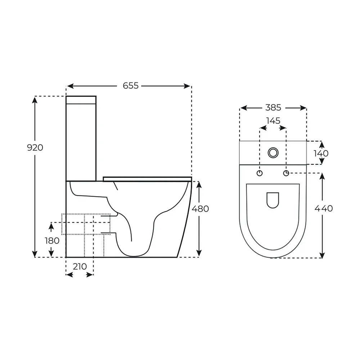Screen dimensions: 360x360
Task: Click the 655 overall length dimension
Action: click(x=131, y=86)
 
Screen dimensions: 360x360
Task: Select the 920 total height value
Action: click(x=35, y=148)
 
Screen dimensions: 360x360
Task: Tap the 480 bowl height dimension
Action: click(x=200, y=209)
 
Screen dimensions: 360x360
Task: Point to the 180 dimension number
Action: click(x=52, y=240)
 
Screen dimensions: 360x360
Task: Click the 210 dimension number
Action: click(x=80, y=266)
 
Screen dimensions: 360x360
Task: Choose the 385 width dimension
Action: click(x=273, y=107)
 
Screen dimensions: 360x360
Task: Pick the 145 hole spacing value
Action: click(x=273, y=121)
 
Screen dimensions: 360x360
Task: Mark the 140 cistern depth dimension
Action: click(x=321, y=153)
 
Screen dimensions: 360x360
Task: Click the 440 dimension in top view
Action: click(x=324, y=208)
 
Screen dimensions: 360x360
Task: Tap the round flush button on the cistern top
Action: click(x=273, y=153)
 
